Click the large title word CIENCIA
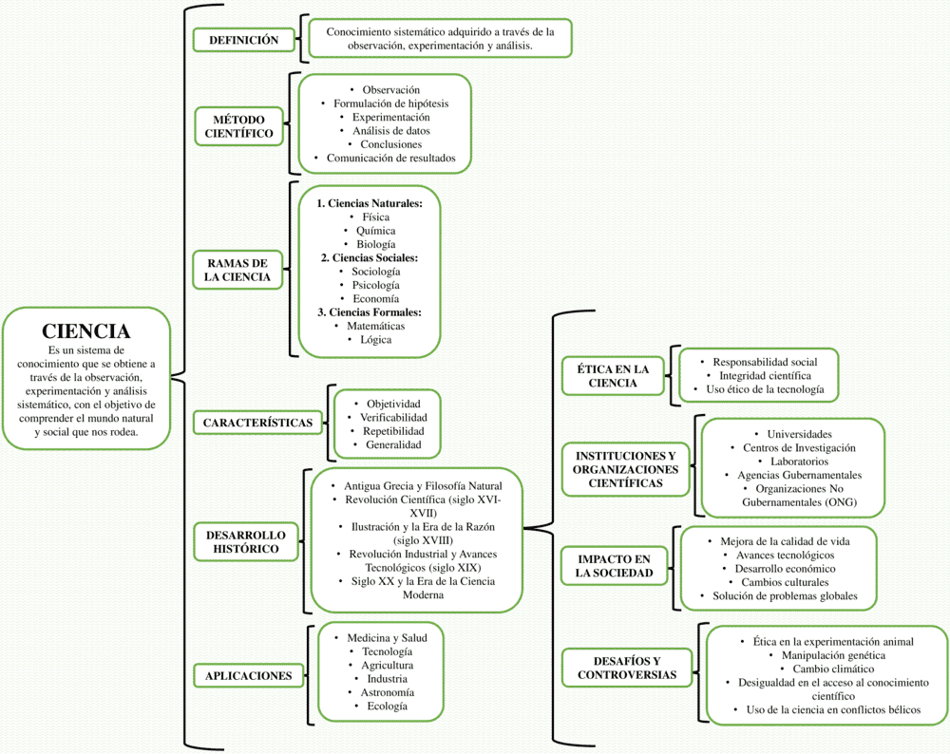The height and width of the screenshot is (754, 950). click(x=86, y=331)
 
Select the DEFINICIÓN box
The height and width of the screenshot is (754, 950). click(x=243, y=40)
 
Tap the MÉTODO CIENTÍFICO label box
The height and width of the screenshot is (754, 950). click(x=238, y=126)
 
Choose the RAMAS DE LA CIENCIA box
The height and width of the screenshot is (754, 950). click(x=237, y=270)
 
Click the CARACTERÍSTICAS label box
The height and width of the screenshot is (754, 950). click(x=258, y=423)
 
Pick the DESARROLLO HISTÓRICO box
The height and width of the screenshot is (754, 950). click(x=246, y=542)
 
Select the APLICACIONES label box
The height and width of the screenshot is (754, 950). click(x=248, y=676)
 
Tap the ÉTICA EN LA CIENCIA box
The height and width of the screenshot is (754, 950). click(x=613, y=376)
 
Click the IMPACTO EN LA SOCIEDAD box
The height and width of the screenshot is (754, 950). click(x=614, y=566)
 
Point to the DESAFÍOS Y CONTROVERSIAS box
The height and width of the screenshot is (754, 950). click(x=627, y=668)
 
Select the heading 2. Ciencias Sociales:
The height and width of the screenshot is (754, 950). click(x=370, y=258)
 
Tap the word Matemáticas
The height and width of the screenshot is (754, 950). click(x=375, y=326)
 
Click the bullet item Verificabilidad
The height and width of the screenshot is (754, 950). click(x=393, y=417)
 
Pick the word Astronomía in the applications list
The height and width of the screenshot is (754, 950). click(x=388, y=692)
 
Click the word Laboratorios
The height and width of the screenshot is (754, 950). click(x=799, y=462)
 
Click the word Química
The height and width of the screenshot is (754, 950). click(x=375, y=231)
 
